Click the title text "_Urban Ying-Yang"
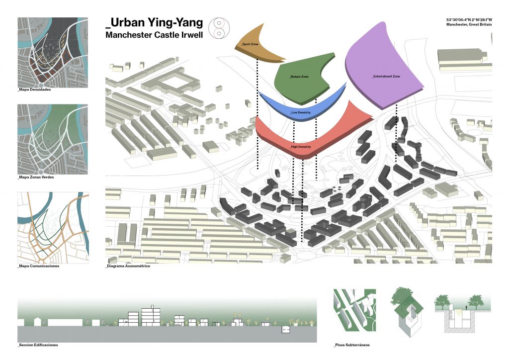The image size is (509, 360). pyautogui.click(x=154, y=22)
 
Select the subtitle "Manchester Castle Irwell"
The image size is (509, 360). pyautogui.click(x=154, y=35)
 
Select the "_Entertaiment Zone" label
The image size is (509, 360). pyautogui.click(x=386, y=77)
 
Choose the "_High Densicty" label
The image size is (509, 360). pyautogui.click(x=301, y=147)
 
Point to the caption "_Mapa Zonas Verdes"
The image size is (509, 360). pyautogui.click(x=36, y=178)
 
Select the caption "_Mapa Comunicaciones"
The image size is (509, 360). pyautogui.click(x=38, y=266)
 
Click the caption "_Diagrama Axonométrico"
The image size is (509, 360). pyautogui.click(x=128, y=266)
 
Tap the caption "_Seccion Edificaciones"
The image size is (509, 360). pyautogui.click(x=38, y=345)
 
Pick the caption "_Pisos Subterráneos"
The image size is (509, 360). pyautogui.click(x=352, y=345)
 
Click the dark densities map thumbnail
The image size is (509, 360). pyautogui.click(x=53, y=52)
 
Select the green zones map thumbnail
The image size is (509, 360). pyautogui.click(x=53, y=139)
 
